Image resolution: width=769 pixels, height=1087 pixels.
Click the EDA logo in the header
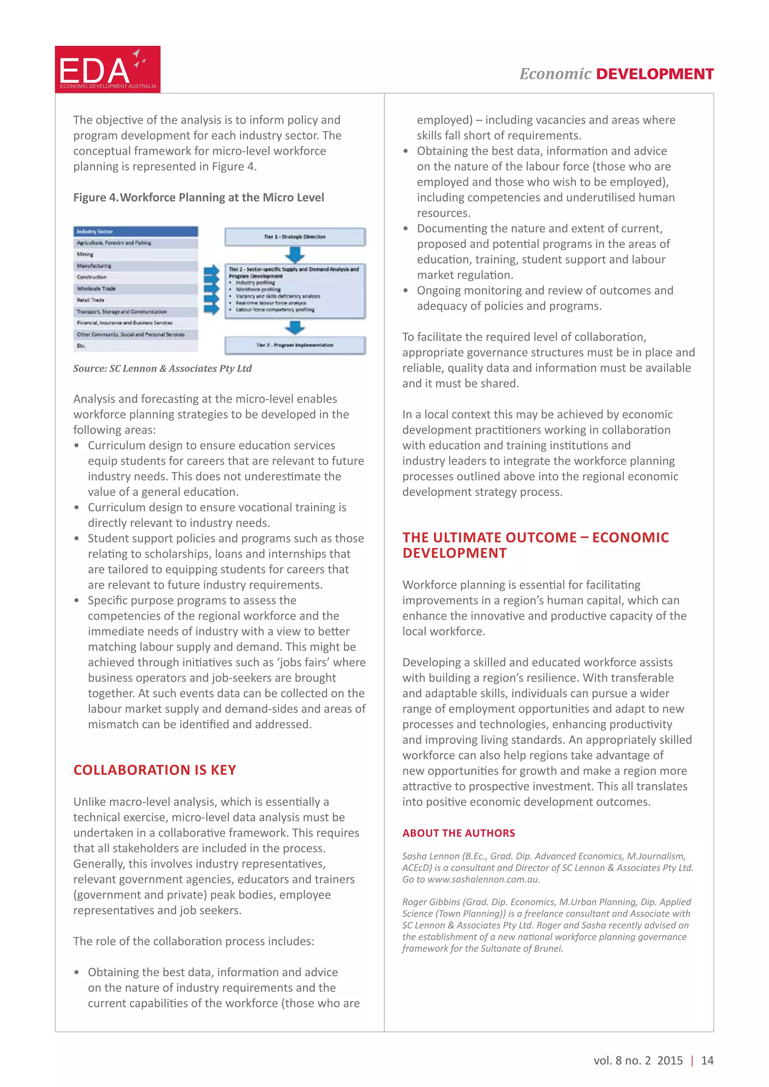[x=107, y=69]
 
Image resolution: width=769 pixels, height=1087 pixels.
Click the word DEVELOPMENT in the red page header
[x=654, y=74]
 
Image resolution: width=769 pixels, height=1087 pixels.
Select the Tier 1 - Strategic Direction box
[x=295, y=237]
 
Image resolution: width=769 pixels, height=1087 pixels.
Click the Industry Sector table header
[x=136, y=232]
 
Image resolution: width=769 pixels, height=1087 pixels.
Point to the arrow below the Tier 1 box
[x=295, y=255]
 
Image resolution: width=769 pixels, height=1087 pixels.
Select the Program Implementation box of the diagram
[x=295, y=345]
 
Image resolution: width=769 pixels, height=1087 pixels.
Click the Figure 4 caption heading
[x=198, y=197]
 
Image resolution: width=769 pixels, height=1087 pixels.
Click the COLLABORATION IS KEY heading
[x=154, y=770]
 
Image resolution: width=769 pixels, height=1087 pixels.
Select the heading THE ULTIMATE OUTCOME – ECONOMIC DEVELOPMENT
[x=535, y=545]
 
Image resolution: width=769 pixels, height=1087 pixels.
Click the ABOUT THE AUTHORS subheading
[x=458, y=833]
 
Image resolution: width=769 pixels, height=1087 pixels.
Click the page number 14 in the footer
[x=707, y=1060]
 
